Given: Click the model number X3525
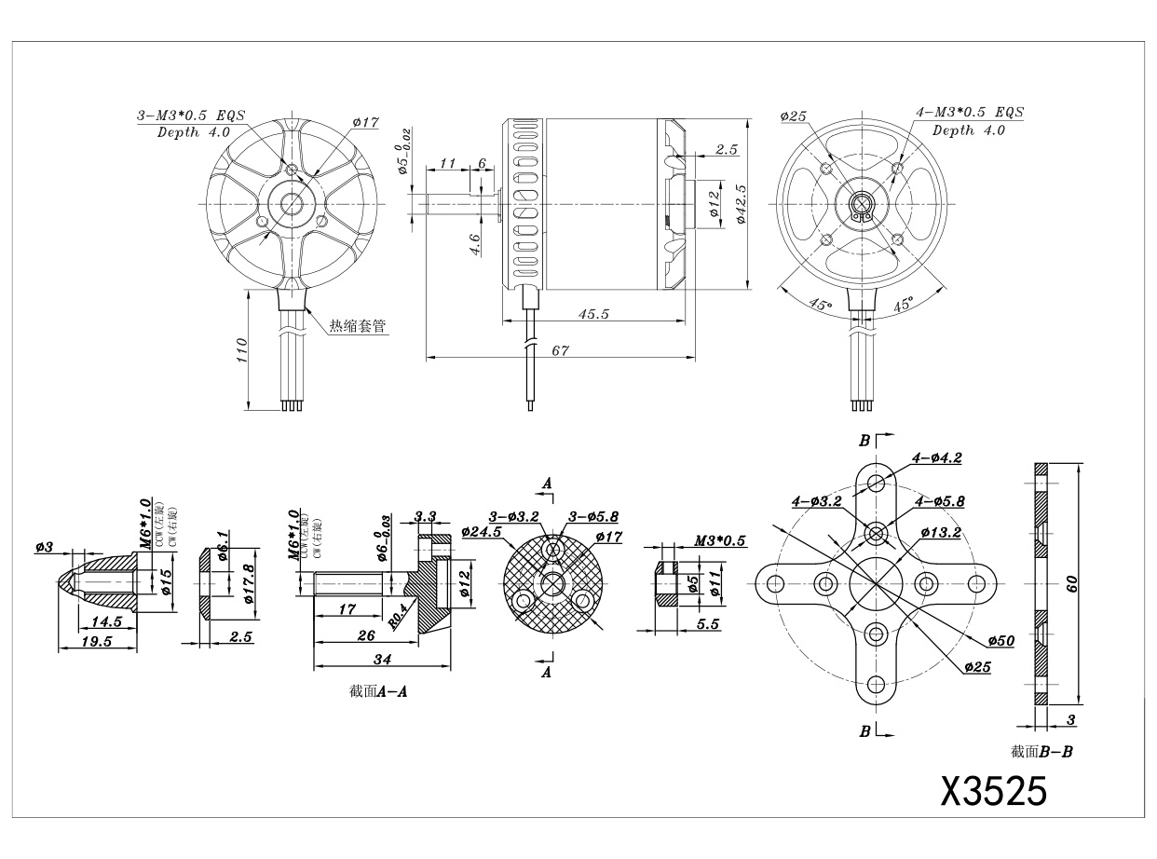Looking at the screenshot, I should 994,792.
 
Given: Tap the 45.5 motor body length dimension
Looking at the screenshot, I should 592,314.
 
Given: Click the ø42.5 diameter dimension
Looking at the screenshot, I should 742,203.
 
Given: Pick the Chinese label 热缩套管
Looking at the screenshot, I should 357,326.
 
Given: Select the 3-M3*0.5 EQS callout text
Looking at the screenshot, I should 190,116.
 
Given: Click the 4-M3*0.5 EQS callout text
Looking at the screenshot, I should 970,113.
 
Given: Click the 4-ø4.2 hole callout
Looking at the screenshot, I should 938,457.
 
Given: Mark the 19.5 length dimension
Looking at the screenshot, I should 97,642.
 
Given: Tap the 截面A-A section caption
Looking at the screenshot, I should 381,692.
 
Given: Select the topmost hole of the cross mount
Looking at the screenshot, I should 876,482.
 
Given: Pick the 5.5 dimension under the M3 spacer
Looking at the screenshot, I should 707,625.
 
